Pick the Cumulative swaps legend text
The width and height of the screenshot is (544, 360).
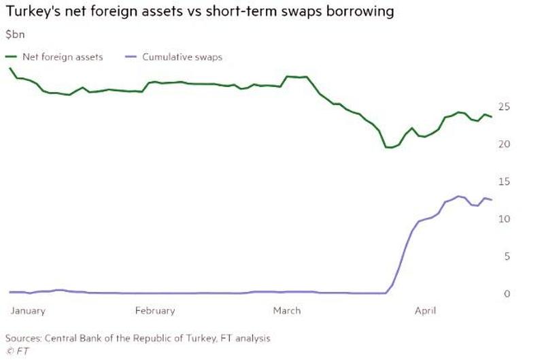[182, 57]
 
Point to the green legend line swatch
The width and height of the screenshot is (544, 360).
[14, 57]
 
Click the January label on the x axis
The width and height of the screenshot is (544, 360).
[28, 311]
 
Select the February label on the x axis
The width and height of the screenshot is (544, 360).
[154, 311]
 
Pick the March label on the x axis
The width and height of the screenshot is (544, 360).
[286, 311]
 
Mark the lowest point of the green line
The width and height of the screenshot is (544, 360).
[389, 147]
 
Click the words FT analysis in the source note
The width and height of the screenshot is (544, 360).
[245, 338]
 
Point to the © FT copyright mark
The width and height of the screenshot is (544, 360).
[14, 351]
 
